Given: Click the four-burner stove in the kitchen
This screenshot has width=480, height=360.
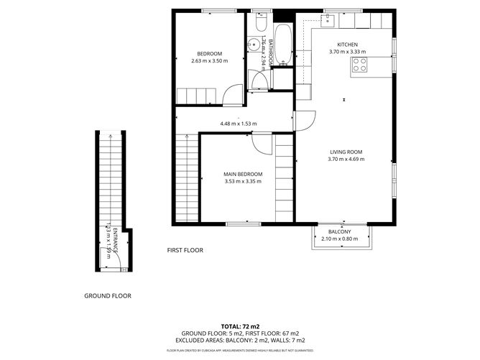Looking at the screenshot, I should pyautogui.click(x=359, y=67).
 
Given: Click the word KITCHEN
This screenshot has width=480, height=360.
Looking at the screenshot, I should pyautogui.click(x=347, y=45).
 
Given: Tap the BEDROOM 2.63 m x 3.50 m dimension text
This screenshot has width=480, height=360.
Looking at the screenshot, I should pyautogui.click(x=209, y=61).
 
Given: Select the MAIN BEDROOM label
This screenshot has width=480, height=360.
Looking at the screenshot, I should pyautogui.click(x=243, y=174).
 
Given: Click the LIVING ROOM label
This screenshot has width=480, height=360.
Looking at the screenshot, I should pyautogui.click(x=346, y=152).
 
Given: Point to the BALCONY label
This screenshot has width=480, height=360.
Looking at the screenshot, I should pyautogui.click(x=339, y=231).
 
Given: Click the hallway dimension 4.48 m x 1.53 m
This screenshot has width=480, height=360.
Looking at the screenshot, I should pyautogui.click(x=238, y=124).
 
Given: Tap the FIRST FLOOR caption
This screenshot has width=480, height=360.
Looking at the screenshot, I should pyautogui.click(x=185, y=250).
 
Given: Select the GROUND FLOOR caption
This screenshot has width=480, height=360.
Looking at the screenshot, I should pyautogui.click(x=108, y=295).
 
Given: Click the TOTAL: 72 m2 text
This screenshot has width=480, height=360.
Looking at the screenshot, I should pyautogui.click(x=240, y=326).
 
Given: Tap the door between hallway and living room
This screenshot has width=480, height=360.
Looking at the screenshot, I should pyautogui.click(x=304, y=123).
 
